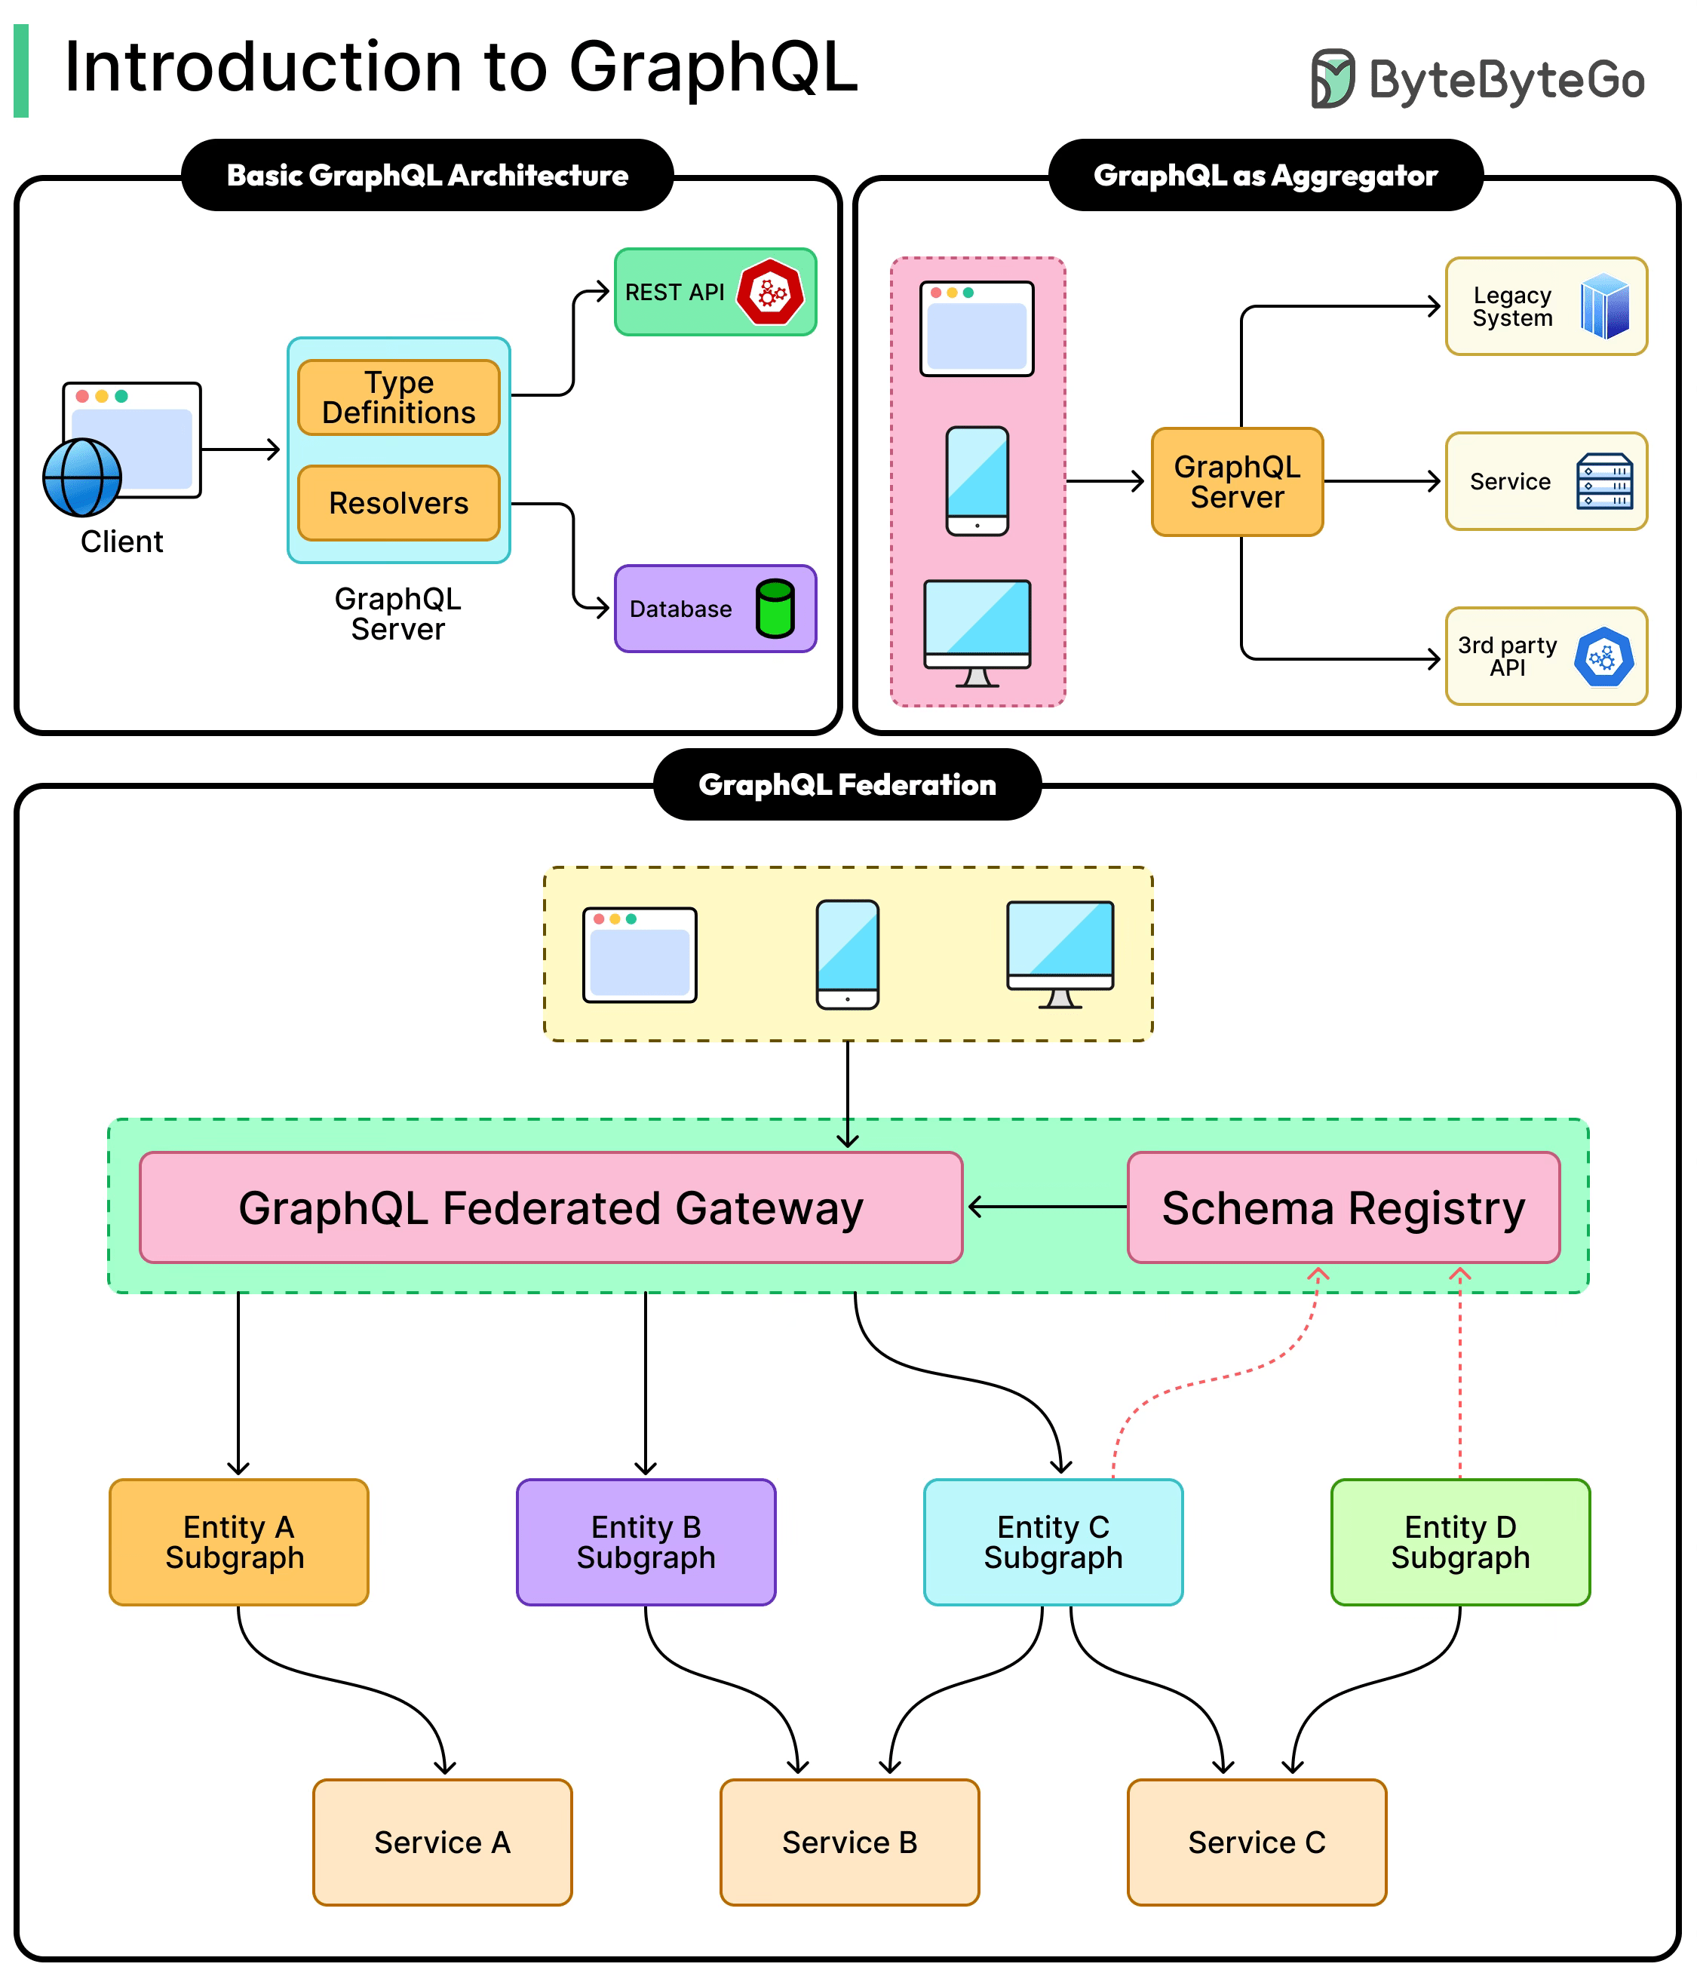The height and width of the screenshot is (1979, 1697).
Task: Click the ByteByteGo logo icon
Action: pos(1332,78)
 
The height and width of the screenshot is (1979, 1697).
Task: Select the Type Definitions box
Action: pos(398,397)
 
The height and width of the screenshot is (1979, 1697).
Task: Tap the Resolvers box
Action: pos(398,503)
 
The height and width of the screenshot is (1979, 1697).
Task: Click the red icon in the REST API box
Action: pos(770,293)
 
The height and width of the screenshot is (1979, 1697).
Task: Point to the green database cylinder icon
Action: pos(775,609)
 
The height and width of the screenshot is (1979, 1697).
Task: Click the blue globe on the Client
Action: pos(82,477)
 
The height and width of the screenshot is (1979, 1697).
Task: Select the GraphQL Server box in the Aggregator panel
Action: pos(1237,481)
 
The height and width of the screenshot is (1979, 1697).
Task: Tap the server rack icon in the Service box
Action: pos(1604,481)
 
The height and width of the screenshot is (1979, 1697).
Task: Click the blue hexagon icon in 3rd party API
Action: pos(1603,657)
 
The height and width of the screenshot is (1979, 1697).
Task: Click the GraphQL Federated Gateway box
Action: pos(551,1207)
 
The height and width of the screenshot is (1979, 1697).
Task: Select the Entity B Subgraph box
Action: pos(646,1542)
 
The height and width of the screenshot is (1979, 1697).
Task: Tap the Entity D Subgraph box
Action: pos(1460,1542)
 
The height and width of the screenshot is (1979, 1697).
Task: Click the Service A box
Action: pos(442,1842)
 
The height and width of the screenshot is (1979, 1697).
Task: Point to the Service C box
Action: pos(1257,1842)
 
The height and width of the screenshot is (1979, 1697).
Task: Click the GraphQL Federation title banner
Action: pos(847,784)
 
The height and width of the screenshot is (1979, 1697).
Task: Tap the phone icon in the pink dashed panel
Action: pos(977,481)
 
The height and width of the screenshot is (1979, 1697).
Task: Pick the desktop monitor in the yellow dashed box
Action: pos(1060,953)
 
